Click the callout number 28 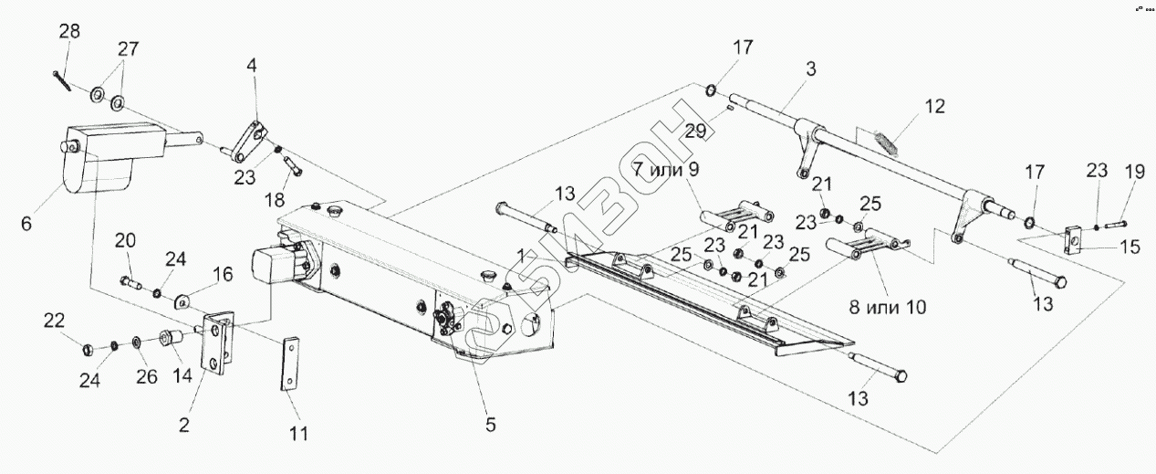[x=69, y=31]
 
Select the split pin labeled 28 [x=65, y=79]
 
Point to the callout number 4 [x=252, y=66]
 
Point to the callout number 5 [x=490, y=425]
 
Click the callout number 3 [x=810, y=68]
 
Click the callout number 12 [x=934, y=106]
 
